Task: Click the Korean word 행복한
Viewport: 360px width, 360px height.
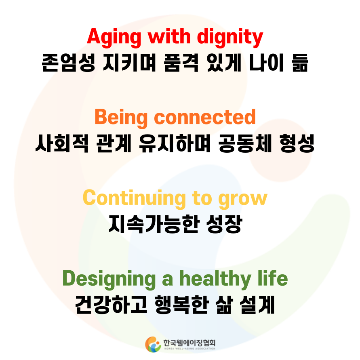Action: [x=184, y=305]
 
